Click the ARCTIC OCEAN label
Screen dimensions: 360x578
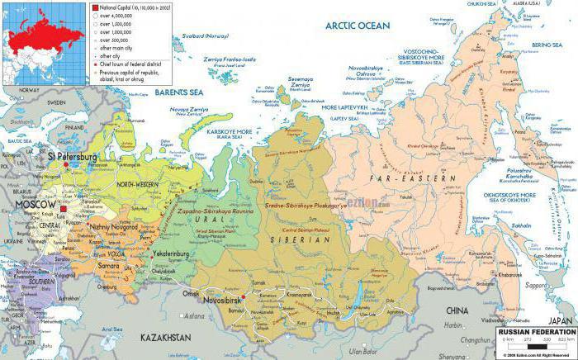coord(356,26)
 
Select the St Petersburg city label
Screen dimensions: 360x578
coord(73,156)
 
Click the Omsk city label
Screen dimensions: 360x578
coord(192,293)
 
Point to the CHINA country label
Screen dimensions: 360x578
coord(457,310)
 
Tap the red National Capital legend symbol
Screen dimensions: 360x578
coord(95,7)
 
